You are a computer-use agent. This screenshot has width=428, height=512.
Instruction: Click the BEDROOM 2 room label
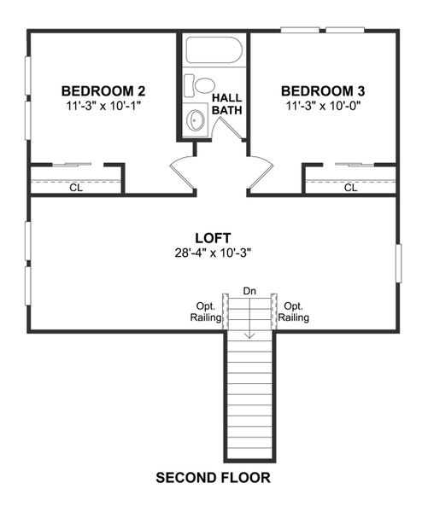103,91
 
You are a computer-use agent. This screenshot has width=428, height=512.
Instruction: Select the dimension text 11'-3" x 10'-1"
103,107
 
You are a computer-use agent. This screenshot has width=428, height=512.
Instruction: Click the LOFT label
214,238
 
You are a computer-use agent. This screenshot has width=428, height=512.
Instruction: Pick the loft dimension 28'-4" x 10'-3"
214,253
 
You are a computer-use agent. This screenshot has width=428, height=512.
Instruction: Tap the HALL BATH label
226,104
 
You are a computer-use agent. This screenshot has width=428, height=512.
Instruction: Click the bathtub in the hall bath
214,53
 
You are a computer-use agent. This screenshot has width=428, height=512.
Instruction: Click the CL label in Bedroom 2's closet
76,188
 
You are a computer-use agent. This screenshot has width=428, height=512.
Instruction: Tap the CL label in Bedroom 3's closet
350,188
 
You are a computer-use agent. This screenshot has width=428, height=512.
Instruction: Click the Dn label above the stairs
249,291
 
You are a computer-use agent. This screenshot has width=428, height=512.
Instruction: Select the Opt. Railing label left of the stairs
206,311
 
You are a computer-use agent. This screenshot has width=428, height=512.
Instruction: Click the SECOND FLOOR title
214,477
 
